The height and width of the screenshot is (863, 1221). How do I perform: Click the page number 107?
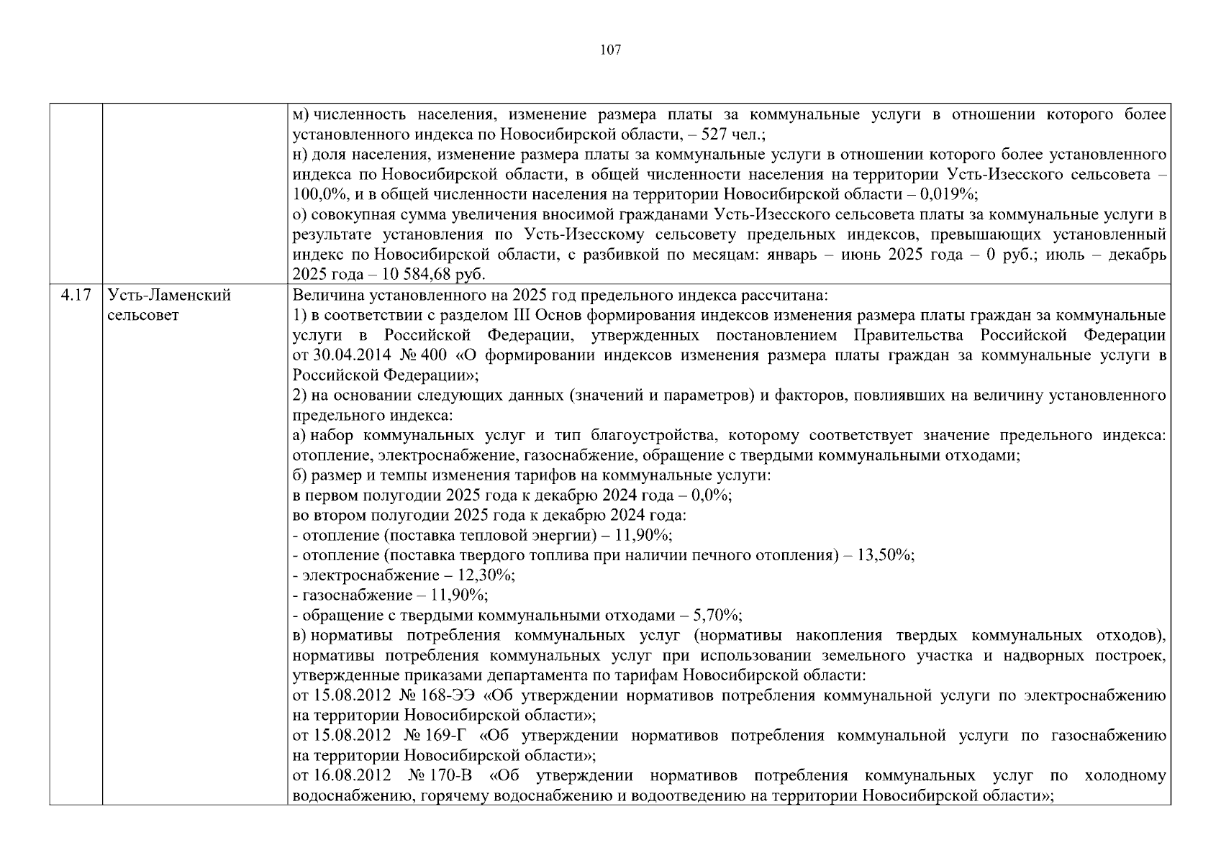pyautogui.click(x=609, y=50)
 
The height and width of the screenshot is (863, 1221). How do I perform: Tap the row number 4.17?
pyautogui.click(x=76, y=296)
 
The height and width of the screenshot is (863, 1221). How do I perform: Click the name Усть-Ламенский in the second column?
pyautogui.click(x=169, y=296)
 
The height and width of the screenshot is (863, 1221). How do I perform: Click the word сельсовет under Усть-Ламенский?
pyautogui.click(x=142, y=316)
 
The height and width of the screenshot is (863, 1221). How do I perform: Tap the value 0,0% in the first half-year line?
pyautogui.click(x=710, y=496)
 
